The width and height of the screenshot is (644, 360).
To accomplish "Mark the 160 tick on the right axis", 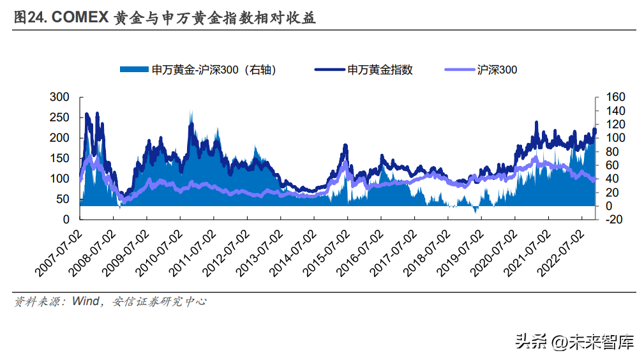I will [x=608, y=97].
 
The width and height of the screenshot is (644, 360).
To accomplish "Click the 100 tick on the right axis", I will [x=608, y=138].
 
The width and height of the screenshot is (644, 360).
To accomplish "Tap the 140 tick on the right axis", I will [x=608, y=110].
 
